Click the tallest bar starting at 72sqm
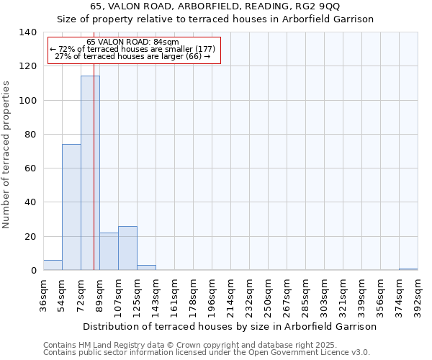(x=90, y=173)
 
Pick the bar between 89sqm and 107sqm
(x=109, y=252)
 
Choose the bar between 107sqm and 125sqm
(x=127, y=248)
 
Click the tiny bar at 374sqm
(x=408, y=269)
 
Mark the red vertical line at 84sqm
(x=94, y=180)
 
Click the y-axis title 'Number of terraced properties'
(x=6, y=155)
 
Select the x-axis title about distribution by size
(x=230, y=326)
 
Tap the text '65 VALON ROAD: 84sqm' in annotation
(x=132, y=42)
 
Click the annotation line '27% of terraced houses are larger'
(x=132, y=56)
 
